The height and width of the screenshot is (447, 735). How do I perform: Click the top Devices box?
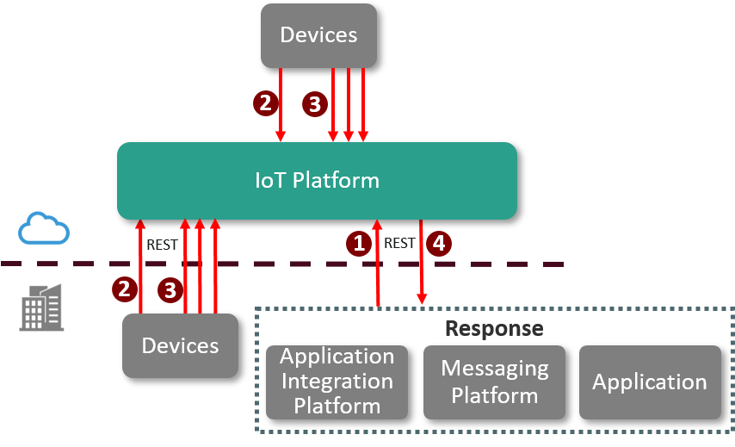tap(318, 35)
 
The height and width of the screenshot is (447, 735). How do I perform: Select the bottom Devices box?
tap(180, 345)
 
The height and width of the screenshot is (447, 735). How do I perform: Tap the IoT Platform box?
tap(317, 181)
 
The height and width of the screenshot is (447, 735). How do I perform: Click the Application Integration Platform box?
tap(337, 382)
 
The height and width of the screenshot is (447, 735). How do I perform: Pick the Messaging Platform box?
tap(494, 382)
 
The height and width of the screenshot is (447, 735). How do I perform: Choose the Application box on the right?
tap(650, 382)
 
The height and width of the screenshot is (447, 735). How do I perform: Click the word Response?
tap(494, 328)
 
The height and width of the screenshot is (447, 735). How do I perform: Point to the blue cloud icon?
tap(44, 228)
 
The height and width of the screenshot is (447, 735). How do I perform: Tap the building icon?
tap(42, 307)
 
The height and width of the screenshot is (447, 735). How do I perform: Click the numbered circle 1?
tap(359, 244)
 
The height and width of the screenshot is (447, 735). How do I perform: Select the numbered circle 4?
tap(439, 244)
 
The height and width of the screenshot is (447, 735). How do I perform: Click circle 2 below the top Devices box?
tap(265, 103)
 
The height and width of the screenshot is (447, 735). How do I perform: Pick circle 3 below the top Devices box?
tap(314, 105)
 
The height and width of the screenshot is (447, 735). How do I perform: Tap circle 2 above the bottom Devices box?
tap(125, 289)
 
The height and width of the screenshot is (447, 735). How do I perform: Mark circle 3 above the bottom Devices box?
tap(170, 290)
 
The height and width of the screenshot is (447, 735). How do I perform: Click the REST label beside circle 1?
tap(399, 244)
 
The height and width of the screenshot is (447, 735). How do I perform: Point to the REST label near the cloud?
tap(162, 245)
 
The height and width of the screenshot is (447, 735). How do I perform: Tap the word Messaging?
tap(494, 369)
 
